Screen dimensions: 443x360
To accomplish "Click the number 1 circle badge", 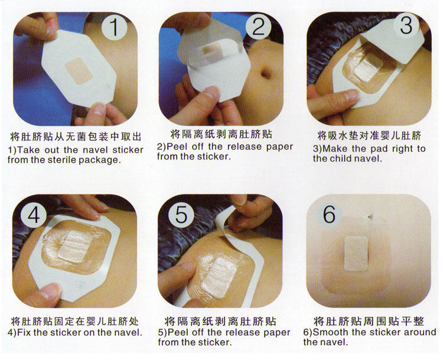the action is tap(115, 27).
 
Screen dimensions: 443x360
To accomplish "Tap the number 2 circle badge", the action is tap(258, 27).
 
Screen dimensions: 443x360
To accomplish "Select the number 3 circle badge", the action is tap(406, 25).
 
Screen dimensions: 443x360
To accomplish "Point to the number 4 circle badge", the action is tap(34, 216).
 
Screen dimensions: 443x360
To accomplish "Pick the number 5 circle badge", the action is tap(181, 214).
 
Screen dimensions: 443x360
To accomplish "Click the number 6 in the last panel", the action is tap(329, 214).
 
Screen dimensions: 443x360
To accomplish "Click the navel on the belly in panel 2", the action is tap(266, 73).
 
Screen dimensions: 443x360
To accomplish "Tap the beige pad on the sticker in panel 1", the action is tap(79, 71).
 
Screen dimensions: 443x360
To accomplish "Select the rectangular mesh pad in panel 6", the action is tap(356, 254).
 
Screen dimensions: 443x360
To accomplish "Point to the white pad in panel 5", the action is tap(219, 278).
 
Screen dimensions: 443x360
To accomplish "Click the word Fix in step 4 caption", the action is tap(24, 332).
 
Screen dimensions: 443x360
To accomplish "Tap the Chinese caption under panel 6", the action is tap(369, 321).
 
